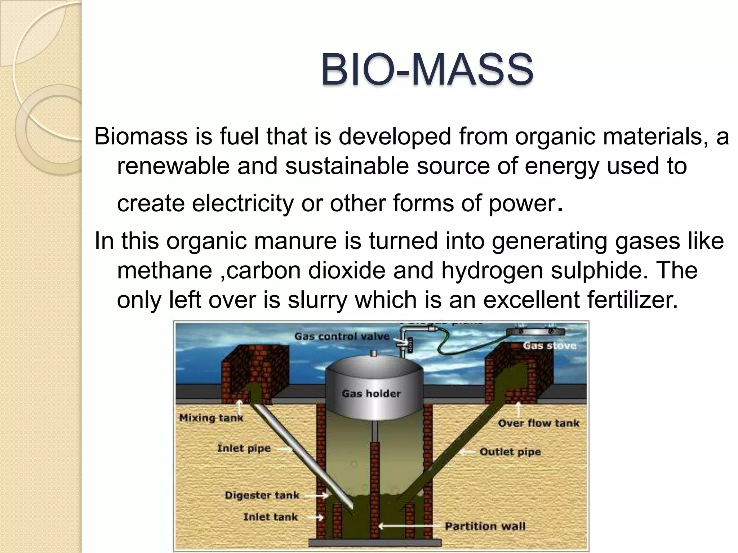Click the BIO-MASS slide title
[x=427, y=69]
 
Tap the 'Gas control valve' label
[x=342, y=336]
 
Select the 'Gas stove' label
[x=550, y=346]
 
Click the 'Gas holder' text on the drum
[x=371, y=394]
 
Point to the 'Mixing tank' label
[x=211, y=418]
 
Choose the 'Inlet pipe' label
[x=244, y=448]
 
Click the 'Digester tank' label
[x=262, y=495]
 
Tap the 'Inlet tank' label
[x=270, y=517]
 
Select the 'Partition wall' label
[x=485, y=526]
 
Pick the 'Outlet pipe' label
[x=510, y=452]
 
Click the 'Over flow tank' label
[x=538, y=423]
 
